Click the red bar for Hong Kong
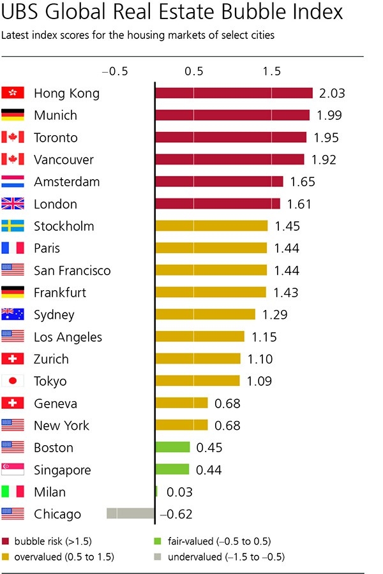click(x=234, y=93)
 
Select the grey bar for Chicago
click(x=131, y=514)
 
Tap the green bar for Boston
click(x=172, y=448)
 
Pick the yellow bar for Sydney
click(x=205, y=314)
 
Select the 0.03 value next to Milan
click(x=179, y=492)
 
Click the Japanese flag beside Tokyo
click(x=13, y=381)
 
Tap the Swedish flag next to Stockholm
click(x=13, y=226)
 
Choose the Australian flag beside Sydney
click(x=13, y=314)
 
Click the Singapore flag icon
click(x=13, y=470)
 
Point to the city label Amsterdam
click(x=66, y=182)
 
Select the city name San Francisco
click(x=72, y=270)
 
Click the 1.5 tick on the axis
click(x=272, y=71)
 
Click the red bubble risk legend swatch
click(x=6, y=541)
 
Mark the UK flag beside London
click(x=13, y=204)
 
